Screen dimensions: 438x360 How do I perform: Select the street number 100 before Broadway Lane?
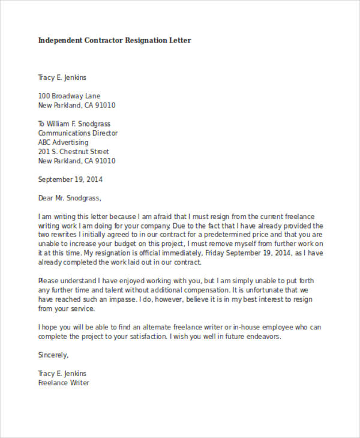[x=44, y=96]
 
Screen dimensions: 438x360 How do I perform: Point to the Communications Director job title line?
[x=78, y=133]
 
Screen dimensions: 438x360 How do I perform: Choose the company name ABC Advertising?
[x=63, y=143]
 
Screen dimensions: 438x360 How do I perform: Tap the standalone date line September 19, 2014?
[x=71, y=179]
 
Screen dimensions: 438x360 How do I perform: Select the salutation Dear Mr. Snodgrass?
[x=70, y=198]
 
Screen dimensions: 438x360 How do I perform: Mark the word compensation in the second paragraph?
[x=196, y=290]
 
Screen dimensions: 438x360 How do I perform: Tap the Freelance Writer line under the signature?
[x=64, y=383]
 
